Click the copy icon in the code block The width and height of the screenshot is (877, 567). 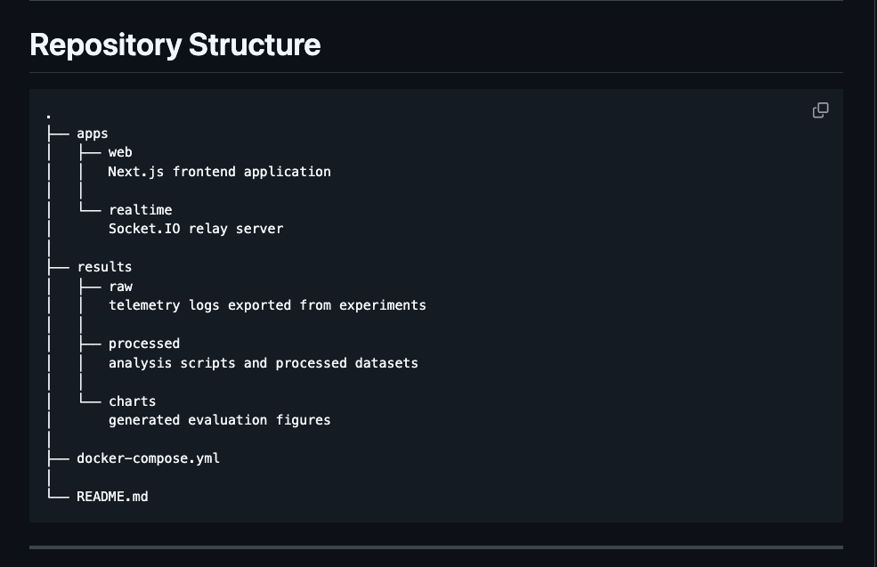[821, 110]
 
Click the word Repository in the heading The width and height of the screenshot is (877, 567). [106, 45]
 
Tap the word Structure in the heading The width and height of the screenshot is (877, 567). [255, 45]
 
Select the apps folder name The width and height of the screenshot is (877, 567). [93, 134]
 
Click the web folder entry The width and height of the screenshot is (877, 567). [120, 152]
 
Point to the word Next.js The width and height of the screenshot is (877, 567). [136, 172]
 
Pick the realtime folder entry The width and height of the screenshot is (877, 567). [141, 210]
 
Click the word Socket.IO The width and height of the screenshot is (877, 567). [144, 229]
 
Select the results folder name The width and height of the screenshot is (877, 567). [104, 267]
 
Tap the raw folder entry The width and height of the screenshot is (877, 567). [121, 287]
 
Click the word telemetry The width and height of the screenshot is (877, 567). [144, 305]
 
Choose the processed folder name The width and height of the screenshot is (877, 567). [144, 344]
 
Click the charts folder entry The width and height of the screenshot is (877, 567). [133, 401]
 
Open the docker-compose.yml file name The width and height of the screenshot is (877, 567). [148, 458]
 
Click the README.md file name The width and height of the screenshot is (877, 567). [112, 497]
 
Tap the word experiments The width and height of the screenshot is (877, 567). [383, 305]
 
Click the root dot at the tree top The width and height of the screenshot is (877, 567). [49, 117]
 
